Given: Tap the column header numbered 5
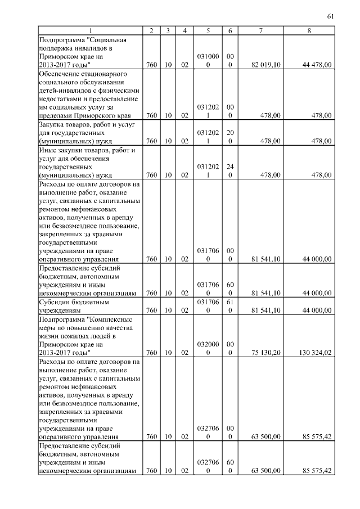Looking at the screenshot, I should [x=208, y=30].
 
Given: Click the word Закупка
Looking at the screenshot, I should [x=52, y=124].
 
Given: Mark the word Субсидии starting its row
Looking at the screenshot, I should [x=55, y=301].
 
